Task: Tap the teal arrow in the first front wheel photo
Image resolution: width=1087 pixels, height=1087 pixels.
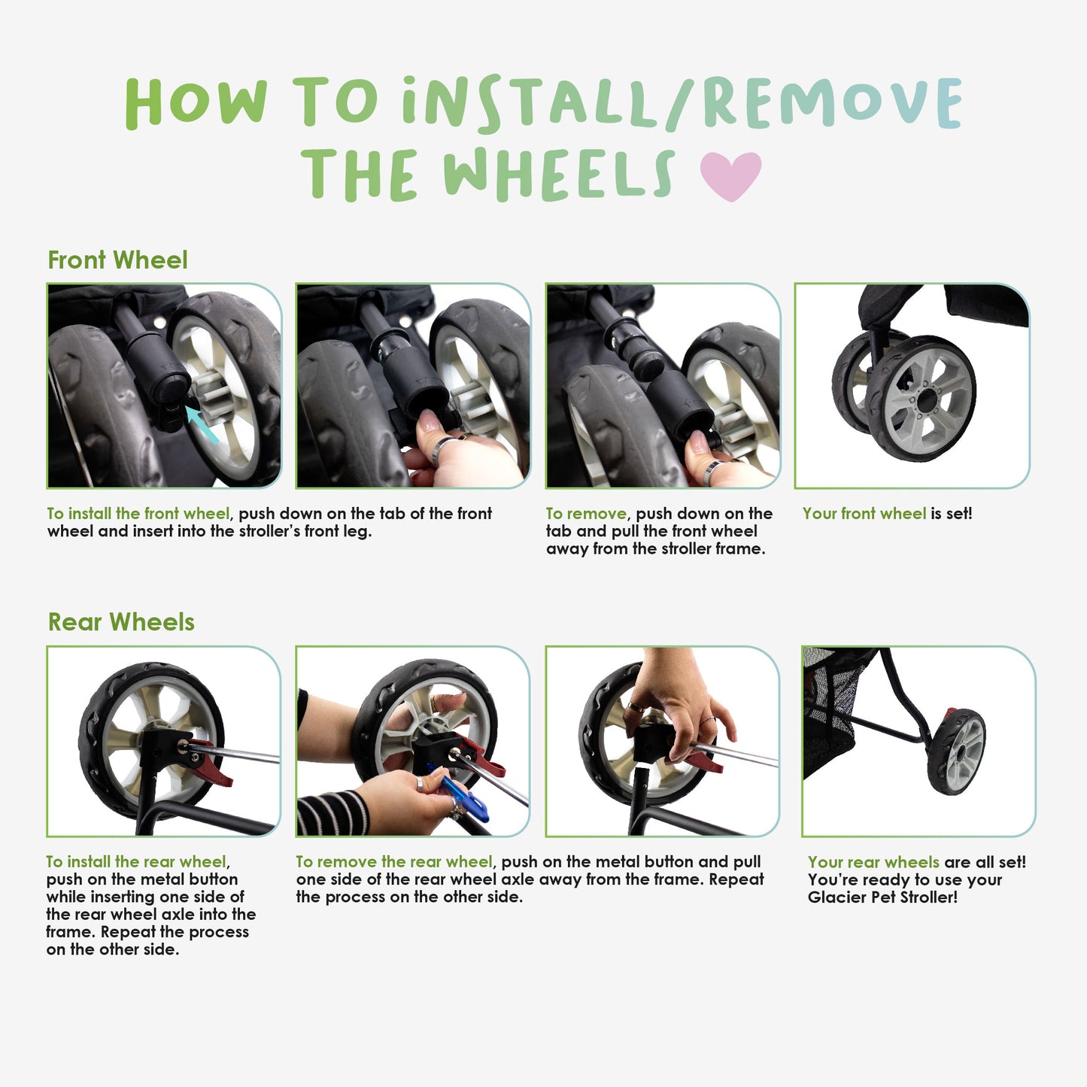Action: [x=202, y=425]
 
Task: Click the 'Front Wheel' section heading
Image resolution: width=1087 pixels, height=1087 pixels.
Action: [x=117, y=260]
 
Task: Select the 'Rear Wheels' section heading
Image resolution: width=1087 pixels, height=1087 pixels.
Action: [x=121, y=622]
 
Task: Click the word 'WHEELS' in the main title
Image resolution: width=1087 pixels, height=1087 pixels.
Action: [x=558, y=174]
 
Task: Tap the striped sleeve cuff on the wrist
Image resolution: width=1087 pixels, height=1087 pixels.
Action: [x=332, y=814]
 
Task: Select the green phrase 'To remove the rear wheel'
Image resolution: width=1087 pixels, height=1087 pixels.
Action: [x=393, y=862]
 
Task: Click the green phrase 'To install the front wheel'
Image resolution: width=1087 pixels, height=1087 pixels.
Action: [x=138, y=513]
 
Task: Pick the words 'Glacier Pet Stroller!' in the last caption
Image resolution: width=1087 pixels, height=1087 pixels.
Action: [x=882, y=897]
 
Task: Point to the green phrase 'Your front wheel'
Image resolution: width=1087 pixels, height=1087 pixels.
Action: [x=864, y=513]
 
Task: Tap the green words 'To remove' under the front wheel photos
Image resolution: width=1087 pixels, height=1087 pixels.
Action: [x=586, y=513]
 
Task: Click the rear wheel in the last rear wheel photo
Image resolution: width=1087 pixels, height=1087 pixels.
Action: [x=957, y=751]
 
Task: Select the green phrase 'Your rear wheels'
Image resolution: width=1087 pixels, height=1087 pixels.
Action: [x=873, y=862]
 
